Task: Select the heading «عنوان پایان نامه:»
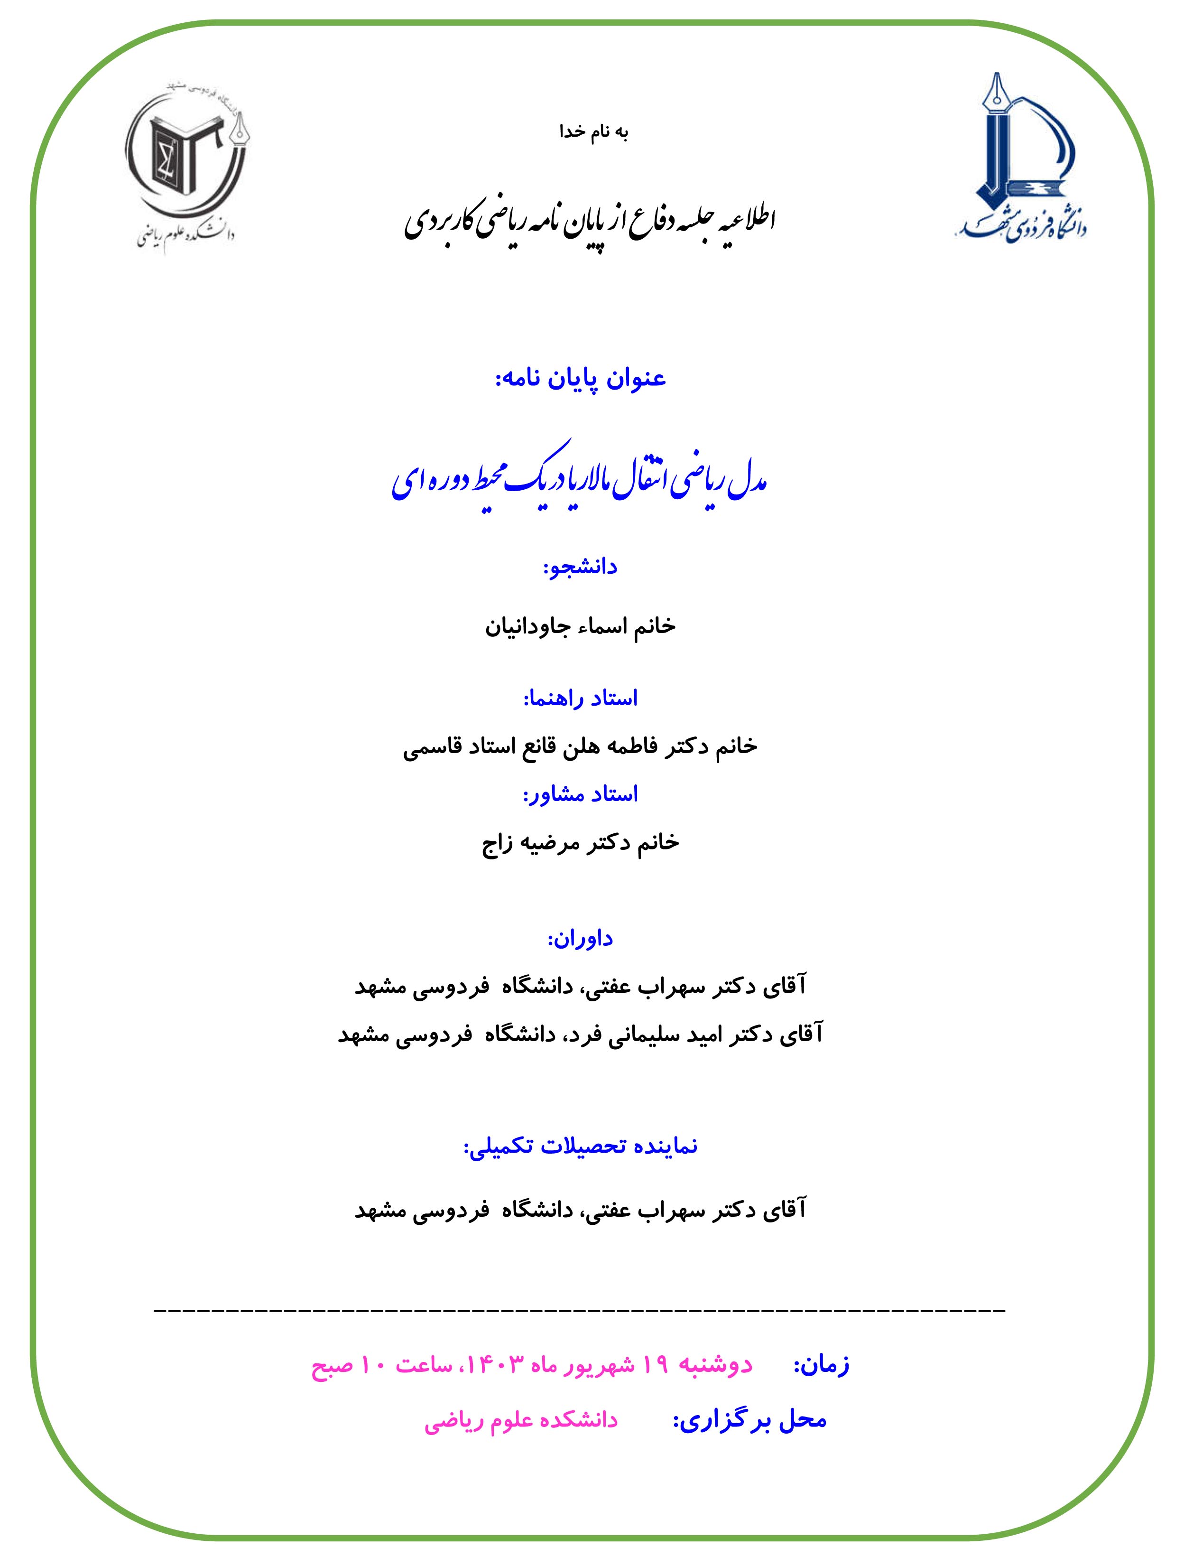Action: (x=580, y=379)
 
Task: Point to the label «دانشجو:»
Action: (x=580, y=567)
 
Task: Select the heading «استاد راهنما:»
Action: (x=580, y=699)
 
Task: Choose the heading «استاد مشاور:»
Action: (x=580, y=794)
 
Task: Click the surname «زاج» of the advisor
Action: (x=498, y=842)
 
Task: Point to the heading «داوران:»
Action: (x=580, y=939)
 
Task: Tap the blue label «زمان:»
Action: (x=821, y=1344)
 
